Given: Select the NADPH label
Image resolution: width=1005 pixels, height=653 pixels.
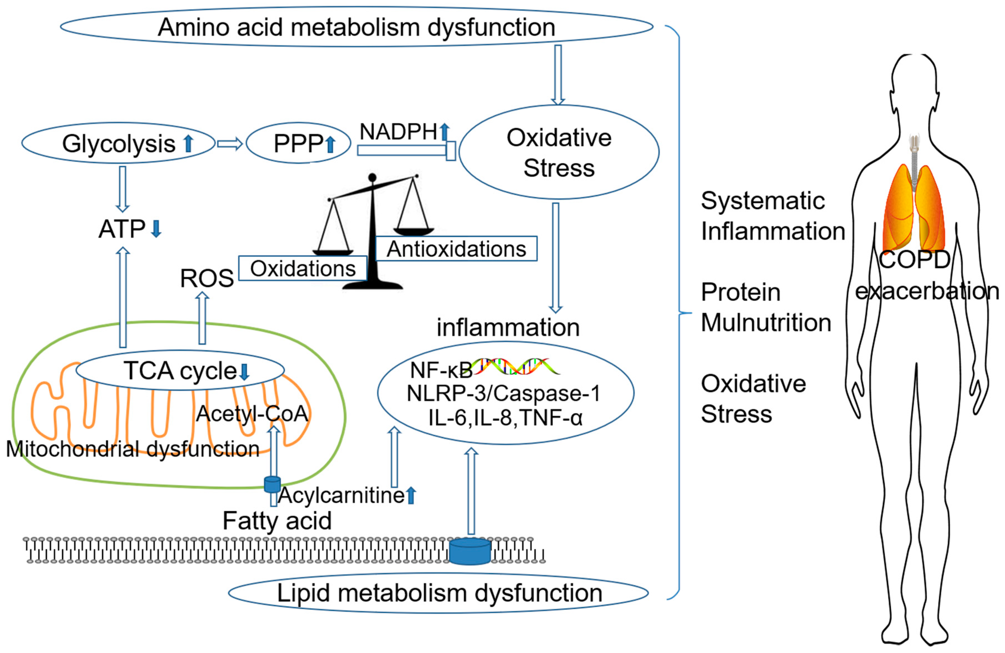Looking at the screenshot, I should tap(398, 132).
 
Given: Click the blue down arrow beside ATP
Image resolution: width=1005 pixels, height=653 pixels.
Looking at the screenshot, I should tap(156, 229).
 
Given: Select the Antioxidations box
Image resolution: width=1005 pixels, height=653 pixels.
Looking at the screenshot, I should tap(456, 249).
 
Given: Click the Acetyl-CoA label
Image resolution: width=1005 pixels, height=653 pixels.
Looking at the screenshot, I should tap(252, 413).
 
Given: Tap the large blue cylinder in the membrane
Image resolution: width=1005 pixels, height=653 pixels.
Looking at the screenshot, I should tap(470, 551).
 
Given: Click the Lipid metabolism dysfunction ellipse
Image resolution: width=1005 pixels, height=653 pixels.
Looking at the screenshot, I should tap(438, 593).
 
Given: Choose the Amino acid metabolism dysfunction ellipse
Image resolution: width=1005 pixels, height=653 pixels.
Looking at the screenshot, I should tap(356, 27).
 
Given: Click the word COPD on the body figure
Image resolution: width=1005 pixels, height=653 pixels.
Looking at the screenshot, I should tap(915, 259).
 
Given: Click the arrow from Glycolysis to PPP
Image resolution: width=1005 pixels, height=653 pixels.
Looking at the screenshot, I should tap(230, 144).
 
